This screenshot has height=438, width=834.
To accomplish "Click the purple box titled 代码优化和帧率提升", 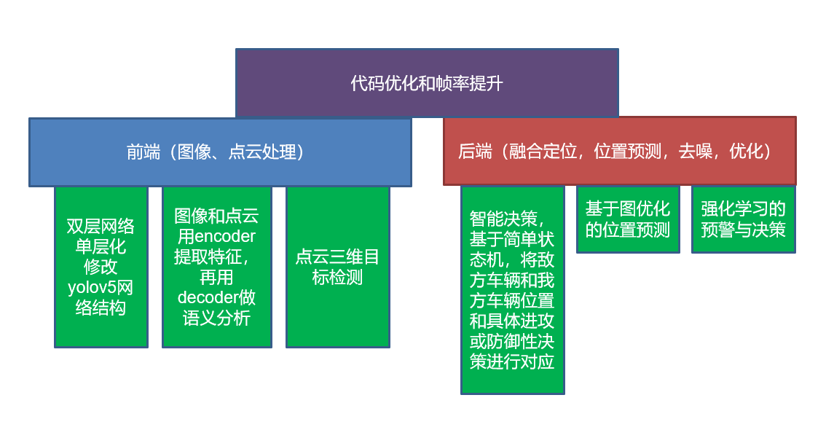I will coord(427,82).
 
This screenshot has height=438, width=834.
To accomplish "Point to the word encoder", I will coord(225,236).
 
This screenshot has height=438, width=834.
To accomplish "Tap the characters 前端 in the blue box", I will coord(143,152).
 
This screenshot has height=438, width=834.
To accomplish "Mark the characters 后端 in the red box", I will coord(475,151).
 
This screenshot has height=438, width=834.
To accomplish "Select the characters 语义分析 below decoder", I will coord(216,318).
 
